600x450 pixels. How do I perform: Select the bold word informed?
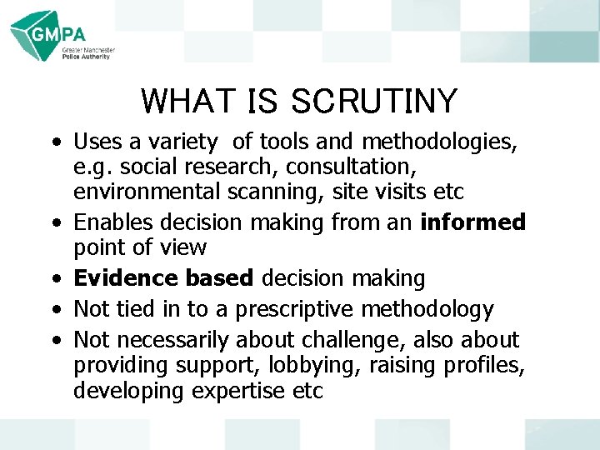pos(473,222)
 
